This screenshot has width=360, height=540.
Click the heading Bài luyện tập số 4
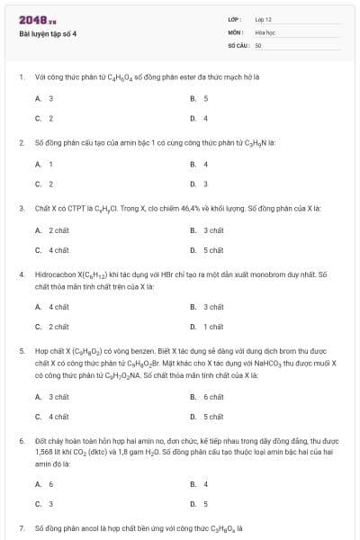(49, 33)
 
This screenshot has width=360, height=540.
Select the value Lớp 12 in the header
(263, 19)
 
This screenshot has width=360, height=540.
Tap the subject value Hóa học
(265, 31)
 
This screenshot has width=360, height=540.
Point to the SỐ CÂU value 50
(258, 44)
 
